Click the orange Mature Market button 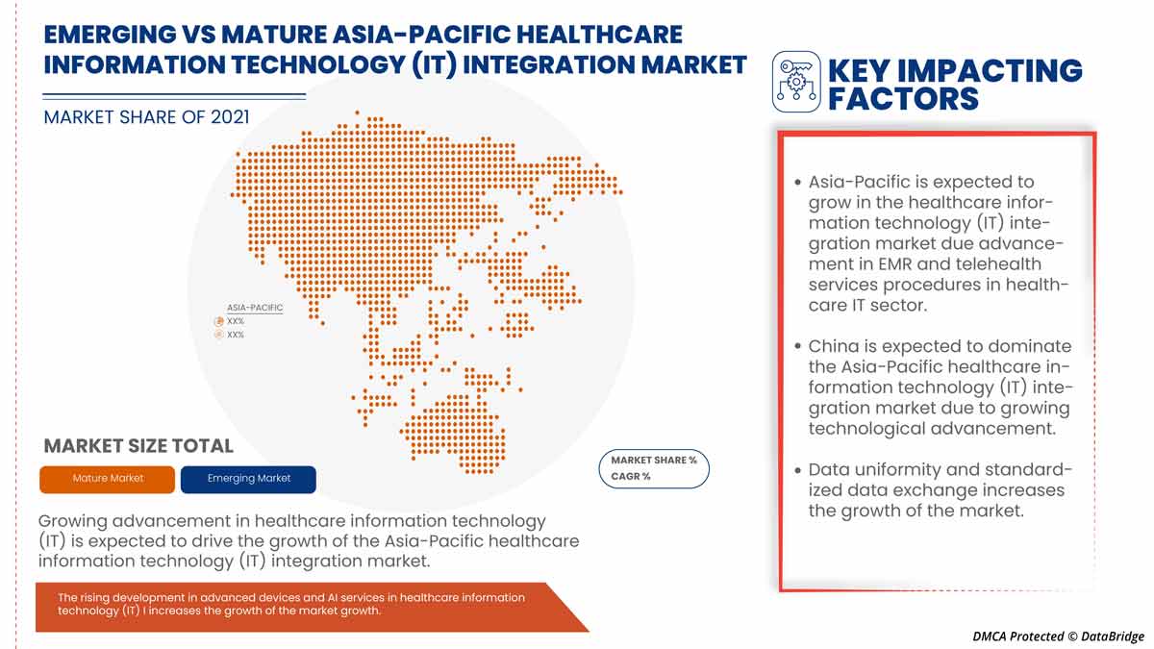pos(108,479)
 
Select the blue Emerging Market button pos(248,479)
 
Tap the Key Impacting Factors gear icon pos(796,82)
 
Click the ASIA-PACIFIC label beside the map pos(255,308)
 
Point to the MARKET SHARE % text pos(654,461)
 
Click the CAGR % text pos(631,477)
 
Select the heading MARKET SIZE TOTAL pos(138,446)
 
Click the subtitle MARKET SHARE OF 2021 pos(146,117)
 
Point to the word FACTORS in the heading pos(903,98)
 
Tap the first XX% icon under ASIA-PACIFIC pos(219,321)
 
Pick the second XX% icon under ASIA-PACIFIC pos(219,335)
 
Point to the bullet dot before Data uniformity pos(798,470)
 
